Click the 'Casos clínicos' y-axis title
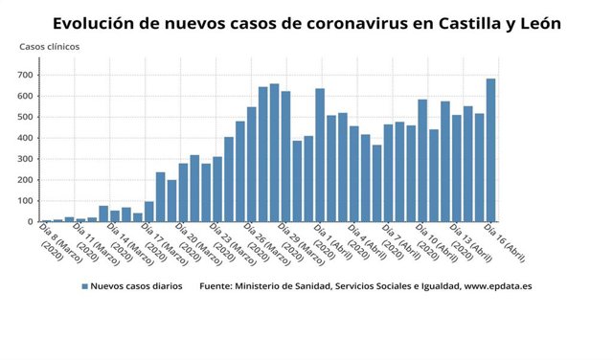coord(50,46)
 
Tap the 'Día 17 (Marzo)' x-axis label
coord(157,243)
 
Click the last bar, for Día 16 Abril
coord(490,150)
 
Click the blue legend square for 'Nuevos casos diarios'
coord(85,286)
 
